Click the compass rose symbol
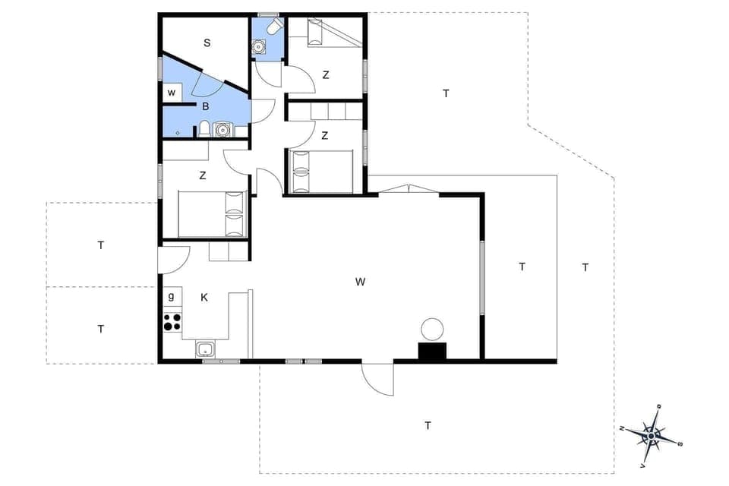pyautogui.click(x=652, y=434)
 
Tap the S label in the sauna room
pyautogui.click(x=207, y=43)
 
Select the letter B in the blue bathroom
pyautogui.click(x=204, y=107)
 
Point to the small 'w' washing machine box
pyautogui.click(x=172, y=93)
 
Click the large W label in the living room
pyautogui.click(x=360, y=282)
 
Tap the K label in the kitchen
pyautogui.click(x=204, y=298)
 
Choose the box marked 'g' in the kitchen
pyautogui.click(x=172, y=296)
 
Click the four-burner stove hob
pyautogui.click(x=172, y=322)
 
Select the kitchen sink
pyautogui.click(x=204, y=350)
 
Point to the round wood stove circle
pyautogui.click(x=431, y=330)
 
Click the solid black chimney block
pyautogui.click(x=432, y=351)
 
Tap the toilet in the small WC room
pyautogui.click(x=273, y=27)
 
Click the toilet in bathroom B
pyautogui.click(x=204, y=128)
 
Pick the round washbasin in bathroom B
pyautogui.click(x=222, y=129)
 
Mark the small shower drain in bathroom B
pyautogui.click(x=177, y=132)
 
